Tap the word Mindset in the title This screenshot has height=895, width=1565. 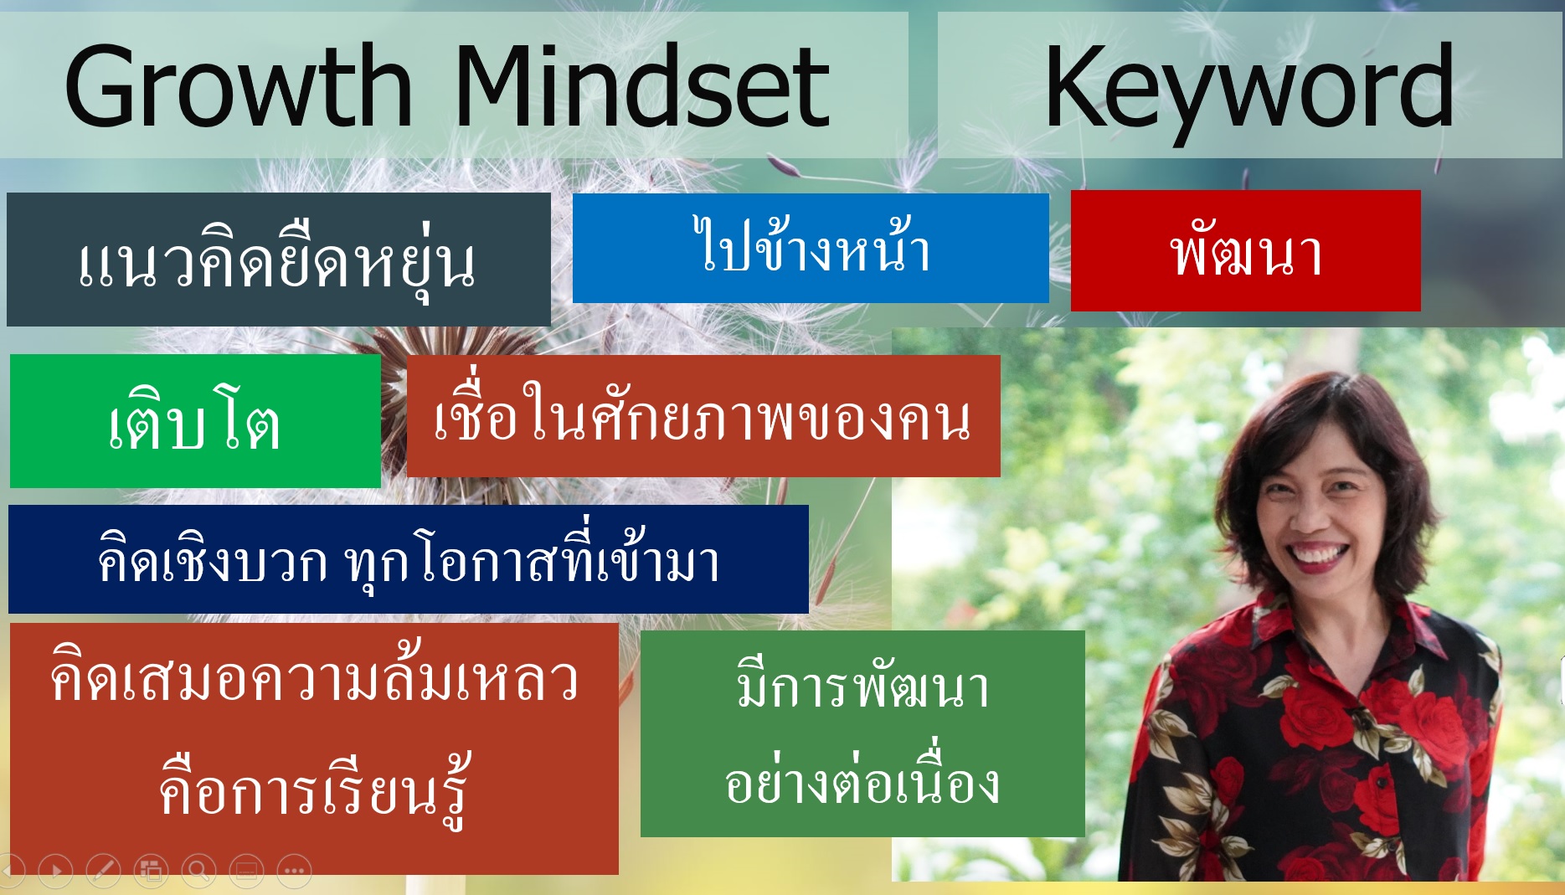point(642,86)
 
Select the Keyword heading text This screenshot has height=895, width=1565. point(1249,90)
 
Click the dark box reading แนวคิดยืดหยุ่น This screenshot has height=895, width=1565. point(279,260)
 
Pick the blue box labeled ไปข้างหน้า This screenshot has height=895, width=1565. point(811,248)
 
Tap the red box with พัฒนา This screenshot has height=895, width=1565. point(1246,250)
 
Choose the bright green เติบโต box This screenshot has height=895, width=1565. point(195,420)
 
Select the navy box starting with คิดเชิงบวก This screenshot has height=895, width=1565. point(409,558)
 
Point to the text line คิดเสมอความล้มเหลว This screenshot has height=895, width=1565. point(314,675)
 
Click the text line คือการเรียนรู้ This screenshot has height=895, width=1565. point(315,788)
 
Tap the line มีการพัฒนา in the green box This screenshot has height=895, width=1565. point(862,685)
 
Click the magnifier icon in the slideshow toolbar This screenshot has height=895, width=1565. point(199,872)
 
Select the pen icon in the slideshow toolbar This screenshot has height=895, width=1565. point(103,872)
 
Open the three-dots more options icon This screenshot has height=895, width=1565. point(294,872)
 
